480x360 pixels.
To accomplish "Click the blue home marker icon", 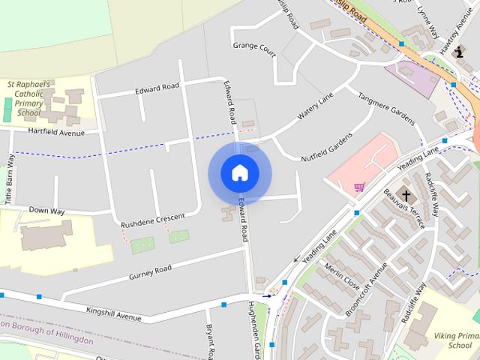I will coord(239,172).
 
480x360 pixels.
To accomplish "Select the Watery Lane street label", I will coord(315,108).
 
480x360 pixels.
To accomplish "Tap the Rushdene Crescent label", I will coord(152,220).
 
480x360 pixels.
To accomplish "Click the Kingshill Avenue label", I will coord(113,313).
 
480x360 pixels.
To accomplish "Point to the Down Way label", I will coord(46,212).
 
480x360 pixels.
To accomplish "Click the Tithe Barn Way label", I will coord(10,180).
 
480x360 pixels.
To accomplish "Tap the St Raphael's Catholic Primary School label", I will coord(28,98).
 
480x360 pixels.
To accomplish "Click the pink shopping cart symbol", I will coord(359,187).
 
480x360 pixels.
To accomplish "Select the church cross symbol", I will coord(406,196).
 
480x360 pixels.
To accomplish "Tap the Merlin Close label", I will coord(342,278).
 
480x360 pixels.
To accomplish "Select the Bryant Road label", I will coord(211,341).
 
